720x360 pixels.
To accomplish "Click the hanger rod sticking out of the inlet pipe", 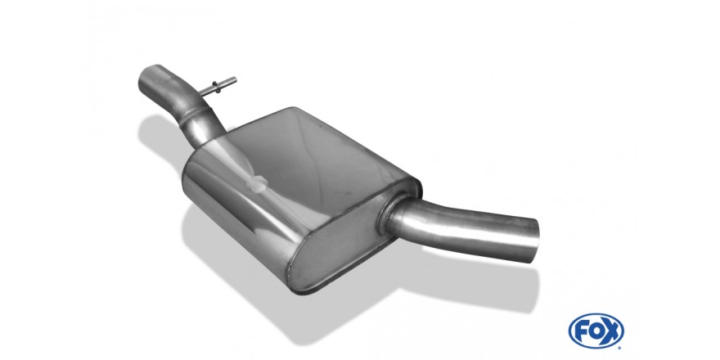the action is coord(218,87).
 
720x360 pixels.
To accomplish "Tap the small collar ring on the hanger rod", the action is coord(216,88).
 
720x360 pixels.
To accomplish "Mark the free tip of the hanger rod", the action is coord(235,79).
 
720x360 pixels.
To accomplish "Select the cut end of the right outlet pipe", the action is coord(533,241).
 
